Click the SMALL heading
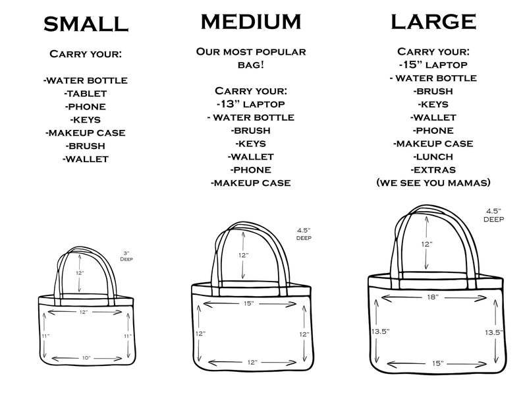85,24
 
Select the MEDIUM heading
251,22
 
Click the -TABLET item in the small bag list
85,93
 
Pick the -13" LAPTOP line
250,104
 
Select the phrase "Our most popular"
251,52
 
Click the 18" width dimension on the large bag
431,297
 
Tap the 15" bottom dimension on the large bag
437,363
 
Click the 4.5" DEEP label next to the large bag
494,214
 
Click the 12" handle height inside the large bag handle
427,244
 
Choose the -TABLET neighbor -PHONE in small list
85,106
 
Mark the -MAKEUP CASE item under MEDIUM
250,183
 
